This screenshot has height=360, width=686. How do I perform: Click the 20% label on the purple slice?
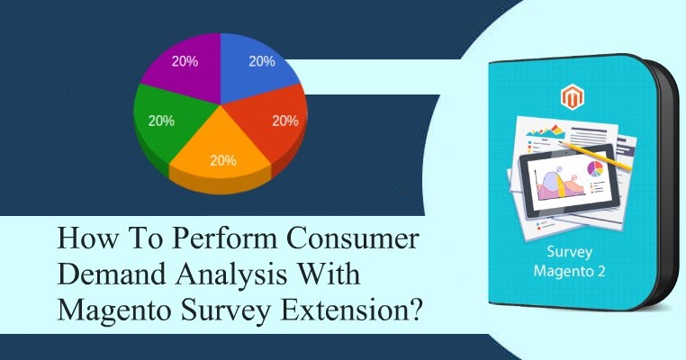point(185,62)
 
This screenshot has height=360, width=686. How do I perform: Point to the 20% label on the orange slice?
point(223,160)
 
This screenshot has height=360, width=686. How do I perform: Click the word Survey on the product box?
point(570,252)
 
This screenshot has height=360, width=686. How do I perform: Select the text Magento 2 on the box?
point(570,271)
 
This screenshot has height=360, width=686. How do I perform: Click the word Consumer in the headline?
point(353,238)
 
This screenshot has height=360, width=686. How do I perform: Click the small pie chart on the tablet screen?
point(595,168)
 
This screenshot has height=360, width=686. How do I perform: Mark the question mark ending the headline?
point(418,310)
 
